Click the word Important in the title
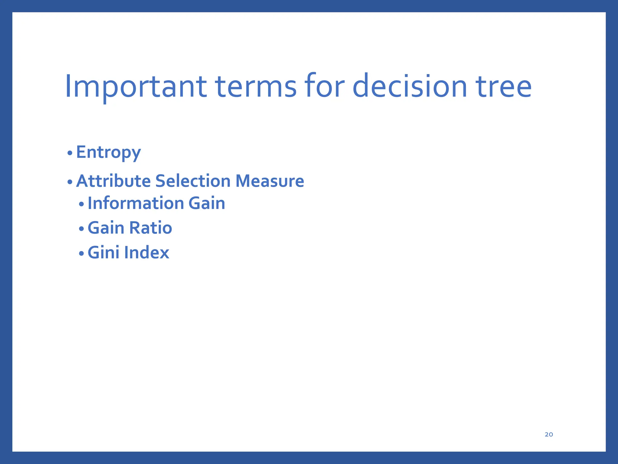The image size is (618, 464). click(x=136, y=87)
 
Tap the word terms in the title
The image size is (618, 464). click(x=256, y=87)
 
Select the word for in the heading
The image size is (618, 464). click(x=324, y=87)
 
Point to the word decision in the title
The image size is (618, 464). click(x=409, y=87)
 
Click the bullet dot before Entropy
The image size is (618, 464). click(x=70, y=153)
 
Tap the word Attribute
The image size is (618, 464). click(x=113, y=181)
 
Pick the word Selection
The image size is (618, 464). click(x=193, y=181)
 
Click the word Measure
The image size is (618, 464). click(x=269, y=181)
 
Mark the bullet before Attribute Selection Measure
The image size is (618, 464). click(x=70, y=182)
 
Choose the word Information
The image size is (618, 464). click(x=135, y=203)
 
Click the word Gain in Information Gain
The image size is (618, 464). click(x=207, y=203)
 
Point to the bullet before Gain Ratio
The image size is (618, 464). click(x=81, y=229)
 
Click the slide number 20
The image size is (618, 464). click(x=549, y=434)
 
